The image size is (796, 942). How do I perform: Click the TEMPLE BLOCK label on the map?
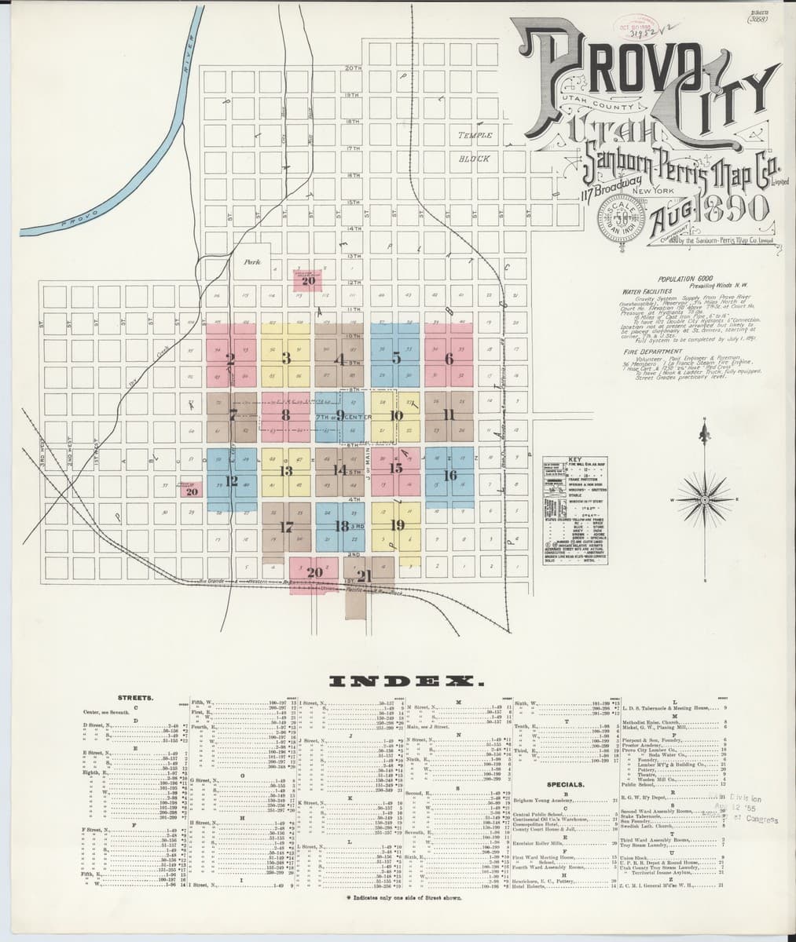(x=475, y=146)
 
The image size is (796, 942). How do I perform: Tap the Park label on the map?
(x=252, y=262)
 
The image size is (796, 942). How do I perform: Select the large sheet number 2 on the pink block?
(x=230, y=360)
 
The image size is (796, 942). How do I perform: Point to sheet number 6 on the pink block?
(x=449, y=359)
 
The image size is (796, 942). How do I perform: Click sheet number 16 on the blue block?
(x=449, y=476)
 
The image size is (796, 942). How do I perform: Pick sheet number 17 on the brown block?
(x=285, y=527)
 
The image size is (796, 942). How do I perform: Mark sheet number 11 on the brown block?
(x=449, y=414)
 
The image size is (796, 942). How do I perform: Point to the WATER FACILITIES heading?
(x=645, y=290)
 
